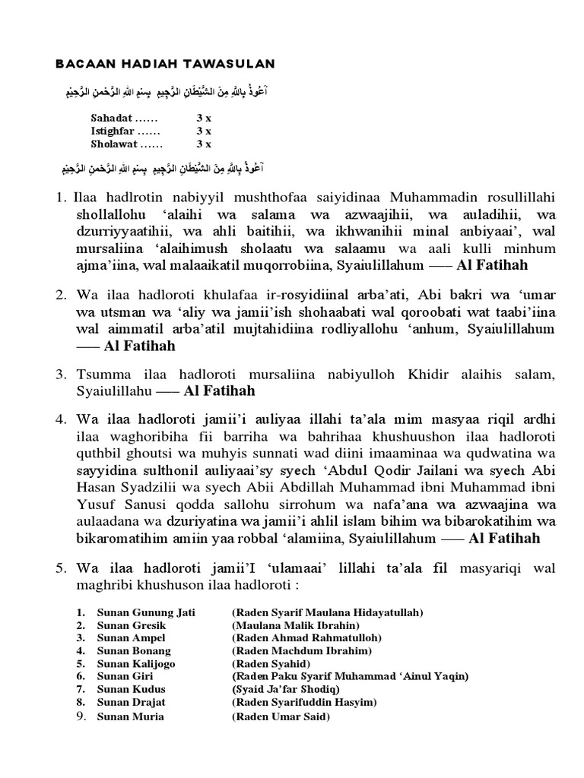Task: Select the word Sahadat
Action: coord(111,119)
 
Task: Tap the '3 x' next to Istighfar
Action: coord(204,131)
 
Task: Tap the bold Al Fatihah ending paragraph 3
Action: coord(220,391)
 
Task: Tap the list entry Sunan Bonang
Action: coord(134,650)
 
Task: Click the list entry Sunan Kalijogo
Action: coord(136,663)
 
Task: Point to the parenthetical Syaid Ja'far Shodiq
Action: coord(287,689)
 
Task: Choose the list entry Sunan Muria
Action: coord(130,716)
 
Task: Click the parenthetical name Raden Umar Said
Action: coord(281,716)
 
